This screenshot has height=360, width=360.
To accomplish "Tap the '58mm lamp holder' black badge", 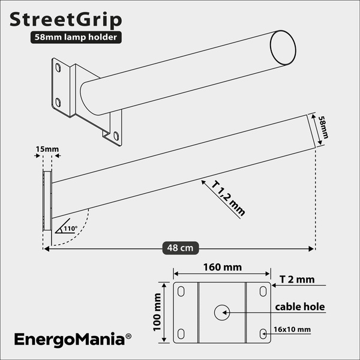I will click(x=77, y=37).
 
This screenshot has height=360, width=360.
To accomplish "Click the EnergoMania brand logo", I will click(x=68, y=340).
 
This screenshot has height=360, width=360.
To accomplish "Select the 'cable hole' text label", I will click(x=299, y=307).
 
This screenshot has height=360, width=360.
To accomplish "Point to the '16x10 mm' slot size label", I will click(x=293, y=329).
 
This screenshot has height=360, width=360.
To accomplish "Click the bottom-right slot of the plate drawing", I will click(x=263, y=333).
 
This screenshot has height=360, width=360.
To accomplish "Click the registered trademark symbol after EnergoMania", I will click(x=128, y=338).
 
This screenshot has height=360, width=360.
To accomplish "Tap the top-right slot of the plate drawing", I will click(x=263, y=292).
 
